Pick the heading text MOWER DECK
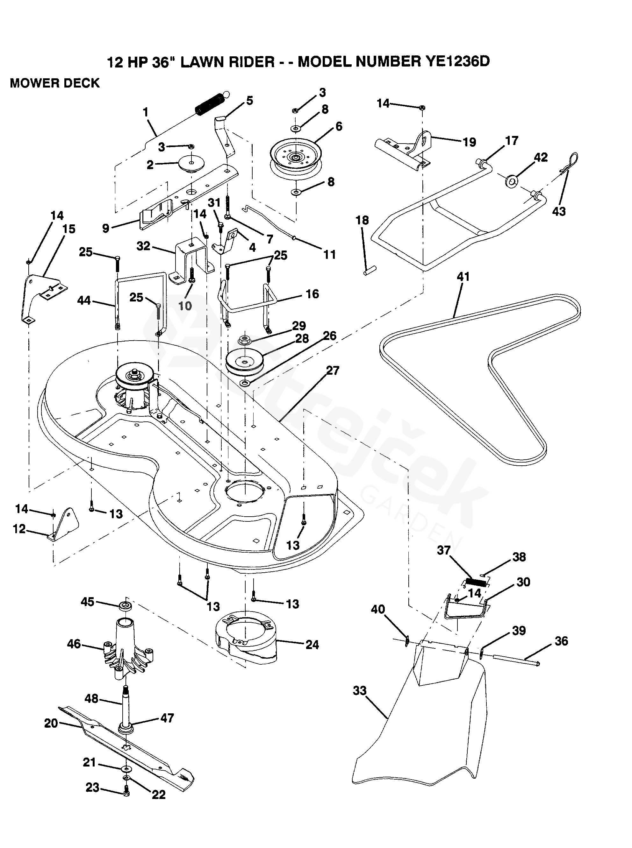[x=55, y=83]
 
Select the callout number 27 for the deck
[x=333, y=370]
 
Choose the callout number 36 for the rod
[x=561, y=641]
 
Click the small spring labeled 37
[x=477, y=582]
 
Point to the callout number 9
[x=105, y=228]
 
